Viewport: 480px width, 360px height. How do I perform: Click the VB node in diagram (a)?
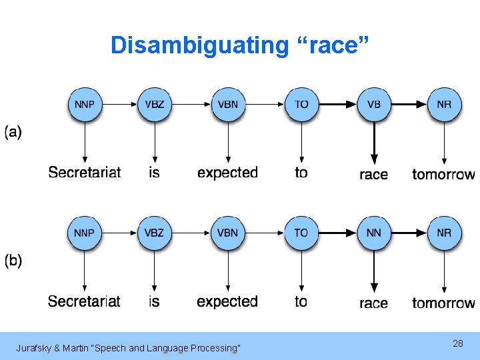coord(374,105)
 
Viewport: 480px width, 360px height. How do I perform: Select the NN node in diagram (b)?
coord(374,233)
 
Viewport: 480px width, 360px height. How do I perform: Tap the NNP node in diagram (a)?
coord(85,105)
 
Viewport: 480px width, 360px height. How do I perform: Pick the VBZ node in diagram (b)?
coord(155,233)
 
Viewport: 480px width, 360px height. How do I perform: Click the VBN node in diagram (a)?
coord(228,105)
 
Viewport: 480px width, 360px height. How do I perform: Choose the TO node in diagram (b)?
coord(301,233)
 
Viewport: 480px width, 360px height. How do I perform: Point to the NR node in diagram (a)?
coord(444,105)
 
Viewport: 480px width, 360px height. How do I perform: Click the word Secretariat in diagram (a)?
coord(85,173)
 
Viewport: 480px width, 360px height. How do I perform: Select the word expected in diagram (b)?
coord(227,301)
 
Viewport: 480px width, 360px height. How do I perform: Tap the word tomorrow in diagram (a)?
coord(443,174)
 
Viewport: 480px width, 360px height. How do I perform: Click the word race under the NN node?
coord(373,303)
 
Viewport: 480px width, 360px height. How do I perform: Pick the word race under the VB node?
coord(373,175)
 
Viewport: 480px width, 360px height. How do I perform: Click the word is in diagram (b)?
coord(154,301)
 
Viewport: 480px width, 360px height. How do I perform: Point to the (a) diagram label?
coord(13,132)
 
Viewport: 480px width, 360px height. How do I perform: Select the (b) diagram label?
coord(13,261)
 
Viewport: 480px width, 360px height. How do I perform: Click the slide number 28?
coord(457,343)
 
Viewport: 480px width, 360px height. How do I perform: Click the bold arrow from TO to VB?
coord(337,104)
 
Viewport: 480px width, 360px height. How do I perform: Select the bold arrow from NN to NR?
coord(409,233)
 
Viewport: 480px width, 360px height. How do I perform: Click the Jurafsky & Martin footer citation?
coord(128,348)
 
